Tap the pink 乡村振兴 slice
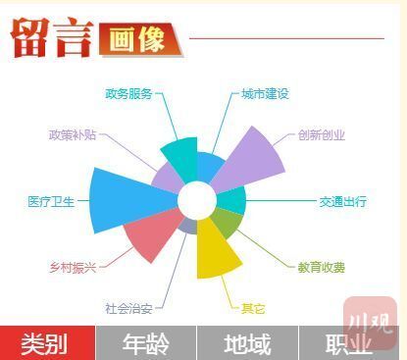150,232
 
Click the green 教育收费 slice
229,223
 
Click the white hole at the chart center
197,200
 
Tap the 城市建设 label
265,94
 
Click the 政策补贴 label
73,134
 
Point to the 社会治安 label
128,308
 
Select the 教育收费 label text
321,268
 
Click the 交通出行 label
342,201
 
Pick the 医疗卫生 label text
51,201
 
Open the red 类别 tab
47,343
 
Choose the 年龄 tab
146,343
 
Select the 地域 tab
247,343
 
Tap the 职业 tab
349,343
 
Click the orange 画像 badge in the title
140,39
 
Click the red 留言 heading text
52,38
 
